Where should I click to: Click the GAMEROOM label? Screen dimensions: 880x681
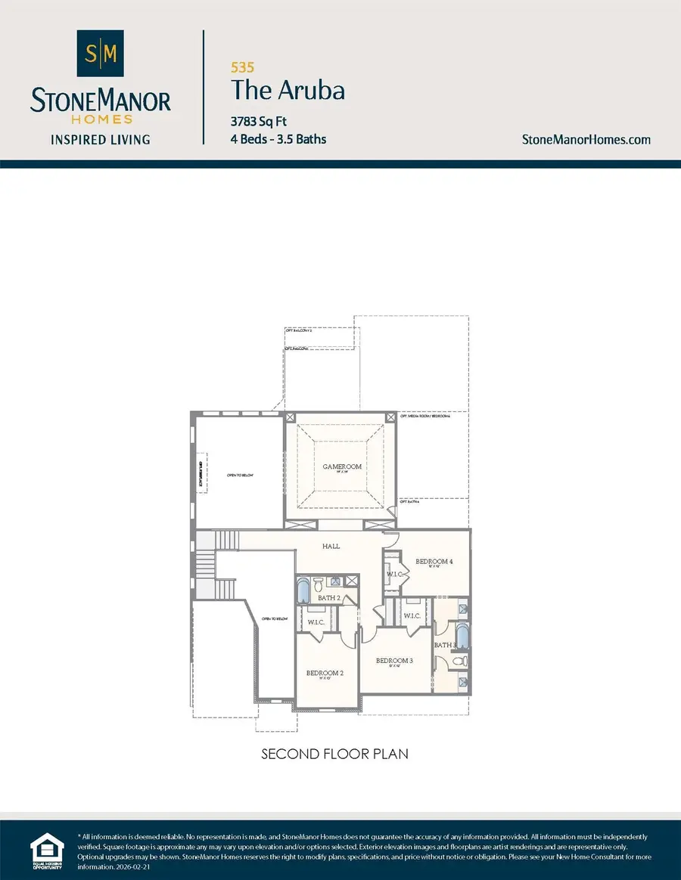340,466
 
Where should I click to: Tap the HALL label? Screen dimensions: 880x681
331,546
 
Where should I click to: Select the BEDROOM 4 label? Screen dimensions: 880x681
434,562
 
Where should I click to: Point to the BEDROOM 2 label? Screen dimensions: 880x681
325,673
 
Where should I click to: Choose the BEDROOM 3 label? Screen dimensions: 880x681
394,660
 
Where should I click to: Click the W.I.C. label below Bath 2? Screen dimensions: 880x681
316,622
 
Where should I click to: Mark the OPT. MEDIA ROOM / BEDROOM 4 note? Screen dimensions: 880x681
425,417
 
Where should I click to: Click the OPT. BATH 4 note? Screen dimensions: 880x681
409,501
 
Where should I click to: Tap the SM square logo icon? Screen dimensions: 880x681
101,54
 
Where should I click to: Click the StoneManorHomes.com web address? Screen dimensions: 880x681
586,139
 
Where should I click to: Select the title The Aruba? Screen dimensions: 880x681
288,91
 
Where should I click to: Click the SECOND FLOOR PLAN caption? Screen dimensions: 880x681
335,754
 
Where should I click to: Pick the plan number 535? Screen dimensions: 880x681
241,67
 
